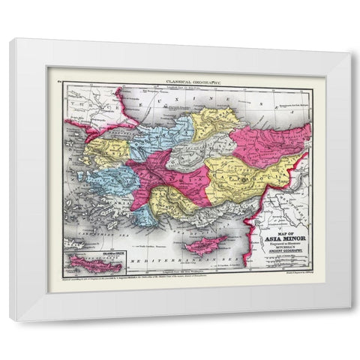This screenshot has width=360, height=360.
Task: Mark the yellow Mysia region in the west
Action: (x=101, y=150)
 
